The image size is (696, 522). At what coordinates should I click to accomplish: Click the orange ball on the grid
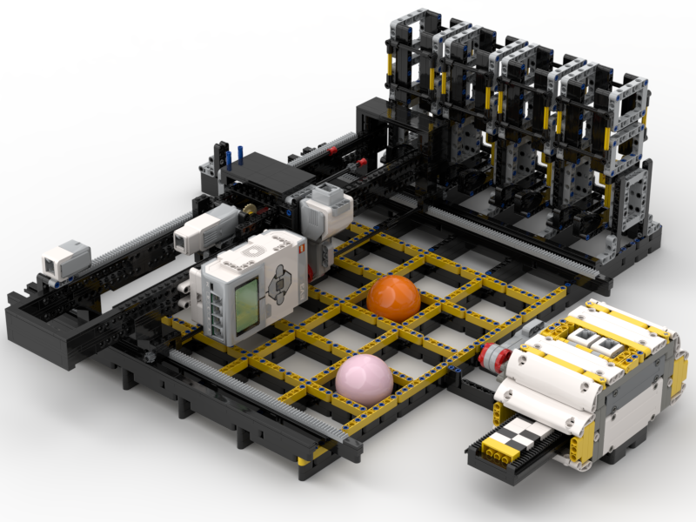click(393, 297)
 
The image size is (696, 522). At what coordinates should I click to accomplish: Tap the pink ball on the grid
click(365, 378)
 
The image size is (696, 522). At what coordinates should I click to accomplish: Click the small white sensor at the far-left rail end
click(66, 258)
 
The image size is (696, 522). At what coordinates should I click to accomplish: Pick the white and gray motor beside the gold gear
click(206, 228)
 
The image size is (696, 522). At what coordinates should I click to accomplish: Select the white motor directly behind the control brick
click(325, 210)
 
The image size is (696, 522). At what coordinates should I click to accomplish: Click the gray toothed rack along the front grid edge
click(261, 396)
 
